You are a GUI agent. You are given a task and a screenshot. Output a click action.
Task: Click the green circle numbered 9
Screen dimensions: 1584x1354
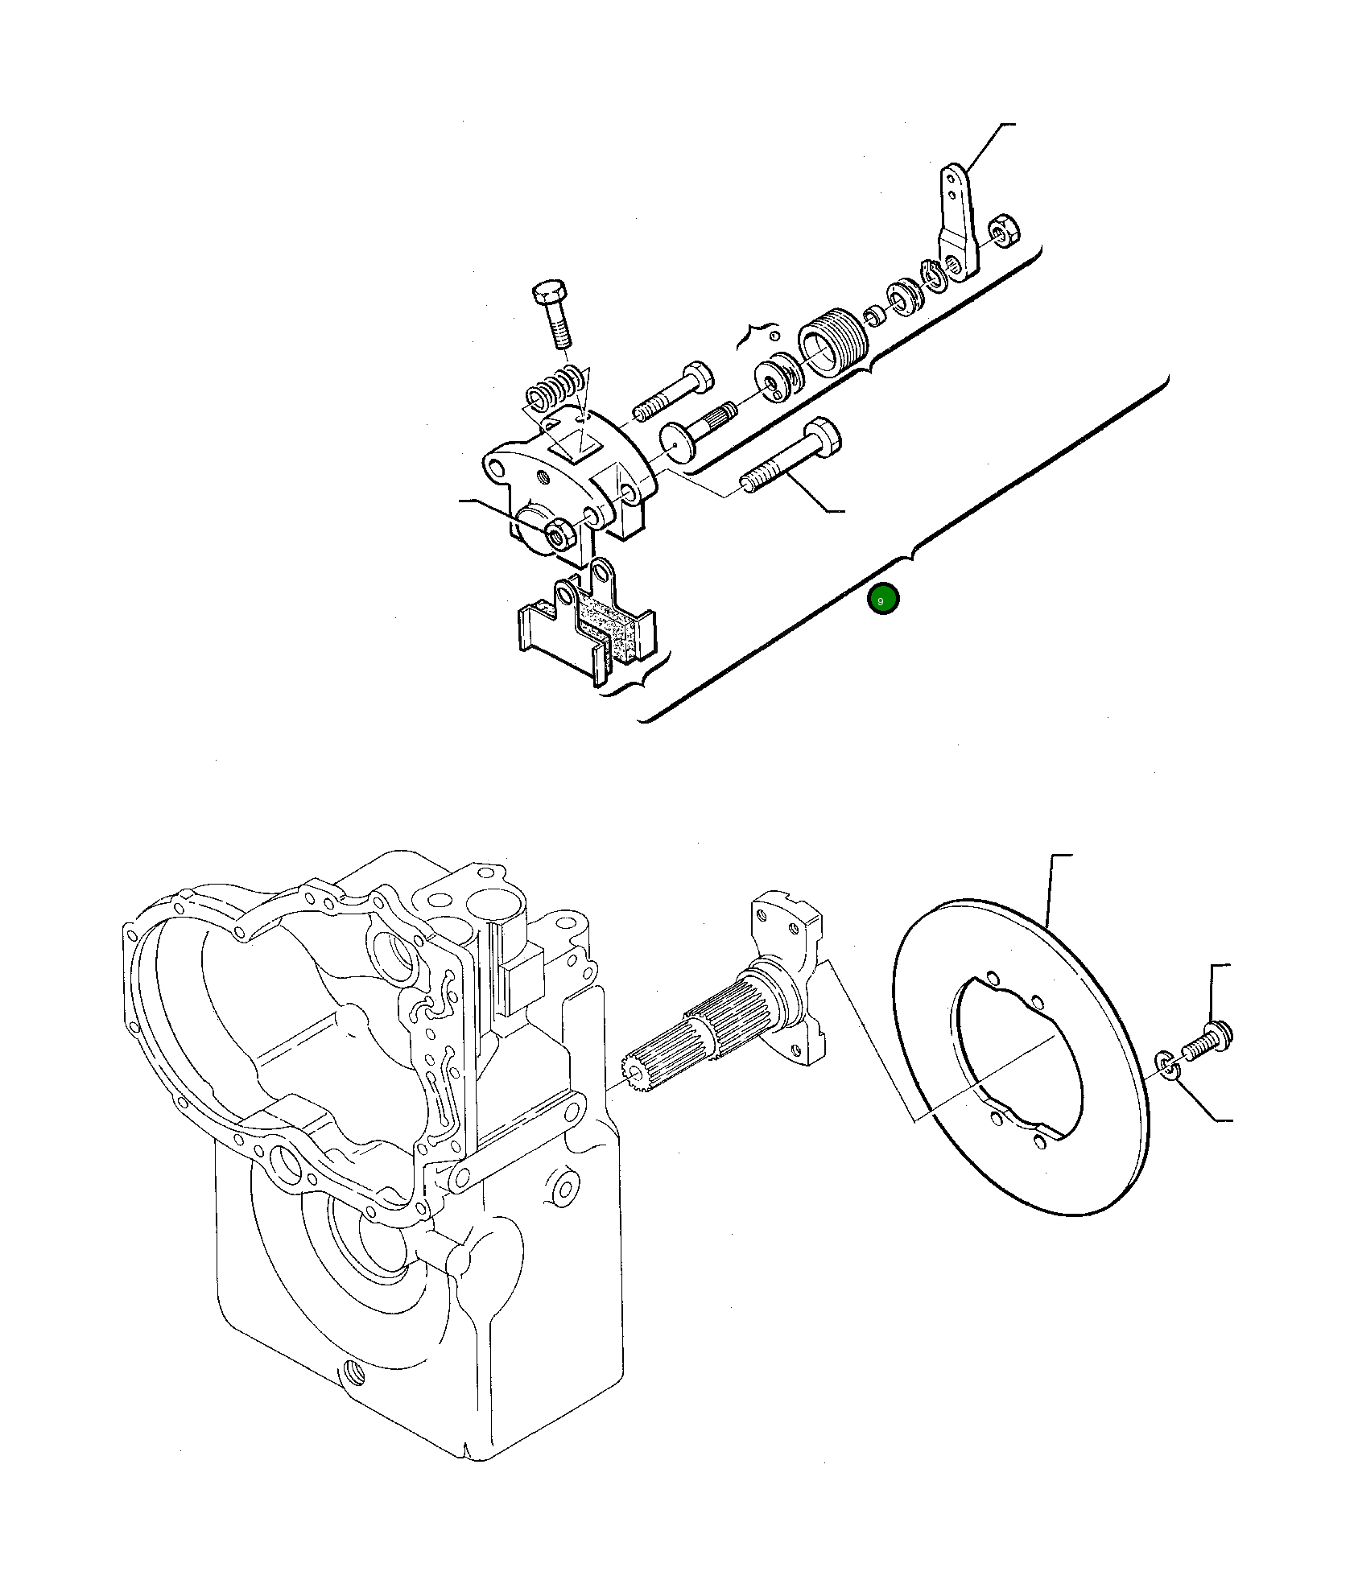[883, 600]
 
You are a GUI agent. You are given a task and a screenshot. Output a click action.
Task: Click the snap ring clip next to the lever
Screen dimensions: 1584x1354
[935, 276]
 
